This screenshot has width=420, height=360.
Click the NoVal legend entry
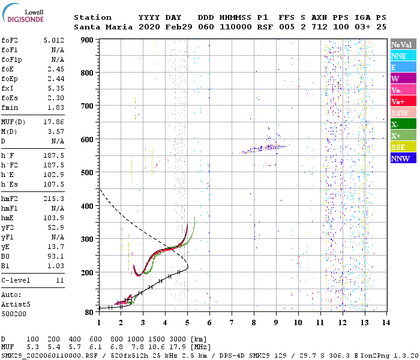[402, 44]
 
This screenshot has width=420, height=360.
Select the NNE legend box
[402, 56]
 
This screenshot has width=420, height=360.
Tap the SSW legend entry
[402, 113]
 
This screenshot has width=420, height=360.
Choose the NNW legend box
[402, 158]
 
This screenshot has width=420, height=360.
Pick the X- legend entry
[402, 124]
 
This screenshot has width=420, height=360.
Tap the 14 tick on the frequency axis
[385, 322]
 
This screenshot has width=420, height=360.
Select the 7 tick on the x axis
[232, 322]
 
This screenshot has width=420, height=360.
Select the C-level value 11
[59, 280]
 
